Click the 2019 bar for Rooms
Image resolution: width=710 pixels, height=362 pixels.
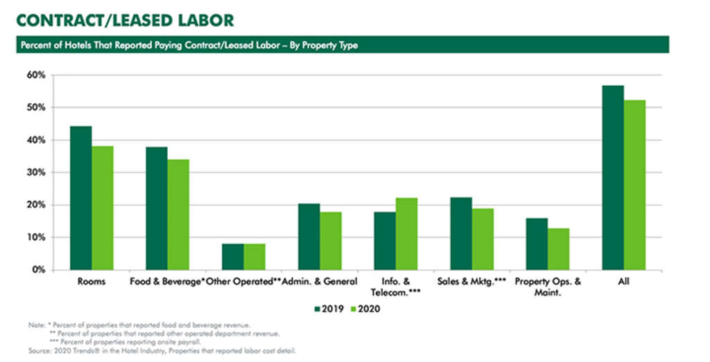click(81, 198)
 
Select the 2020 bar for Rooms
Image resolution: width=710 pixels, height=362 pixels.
click(103, 208)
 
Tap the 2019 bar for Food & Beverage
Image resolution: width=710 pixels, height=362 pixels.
click(157, 208)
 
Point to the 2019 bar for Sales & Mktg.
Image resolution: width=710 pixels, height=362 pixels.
click(460, 233)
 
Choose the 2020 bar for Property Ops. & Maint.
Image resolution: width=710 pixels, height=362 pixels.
click(558, 249)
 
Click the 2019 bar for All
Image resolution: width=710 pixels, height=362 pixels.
click(613, 177)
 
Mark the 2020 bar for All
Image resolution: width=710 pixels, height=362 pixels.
click(634, 185)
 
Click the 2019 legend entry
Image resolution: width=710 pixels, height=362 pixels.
click(329, 309)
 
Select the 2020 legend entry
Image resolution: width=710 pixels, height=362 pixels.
click(365, 309)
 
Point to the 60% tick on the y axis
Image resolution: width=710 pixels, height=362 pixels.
click(37, 75)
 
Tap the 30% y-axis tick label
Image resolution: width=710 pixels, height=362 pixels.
click(37, 172)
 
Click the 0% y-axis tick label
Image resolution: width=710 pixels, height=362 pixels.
click(39, 270)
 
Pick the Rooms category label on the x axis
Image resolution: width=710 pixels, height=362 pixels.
click(92, 282)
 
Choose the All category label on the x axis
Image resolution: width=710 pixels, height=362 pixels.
click(623, 282)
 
